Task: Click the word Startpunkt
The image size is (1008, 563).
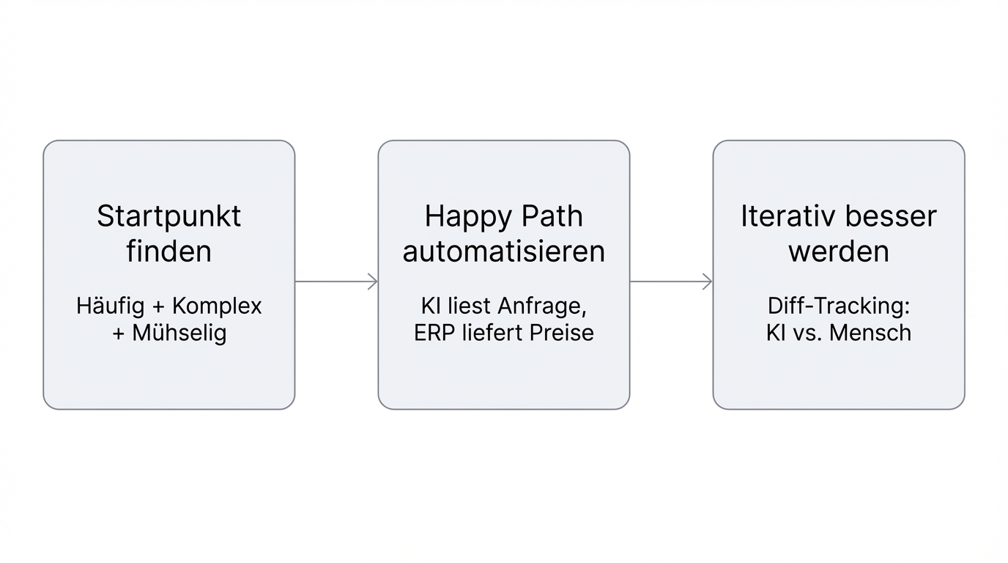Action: (x=168, y=217)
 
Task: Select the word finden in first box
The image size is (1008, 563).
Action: (x=168, y=251)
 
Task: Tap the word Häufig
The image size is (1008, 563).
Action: (x=109, y=306)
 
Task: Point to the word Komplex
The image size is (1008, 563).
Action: (x=217, y=306)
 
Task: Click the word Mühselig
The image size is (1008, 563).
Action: (x=179, y=333)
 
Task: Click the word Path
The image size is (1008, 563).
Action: (x=552, y=217)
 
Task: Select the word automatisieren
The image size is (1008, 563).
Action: (x=504, y=251)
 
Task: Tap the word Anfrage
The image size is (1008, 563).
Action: (x=542, y=306)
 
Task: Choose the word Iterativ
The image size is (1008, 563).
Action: (x=783, y=217)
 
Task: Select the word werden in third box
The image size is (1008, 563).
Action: (x=839, y=251)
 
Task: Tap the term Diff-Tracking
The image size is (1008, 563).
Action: (x=839, y=306)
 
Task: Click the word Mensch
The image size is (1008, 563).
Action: (x=872, y=333)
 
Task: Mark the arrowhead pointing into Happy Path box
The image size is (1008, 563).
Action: (x=373, y=281)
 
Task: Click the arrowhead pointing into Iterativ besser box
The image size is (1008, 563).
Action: (x=708, y=281)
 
